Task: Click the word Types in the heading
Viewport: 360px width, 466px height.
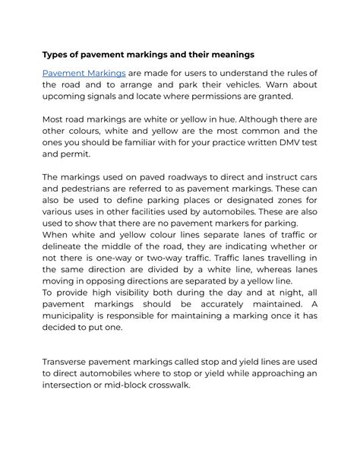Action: pyautogui.click(x=55, y=55)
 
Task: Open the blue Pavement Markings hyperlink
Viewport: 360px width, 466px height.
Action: pyautogui.click(x=84, y=72)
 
